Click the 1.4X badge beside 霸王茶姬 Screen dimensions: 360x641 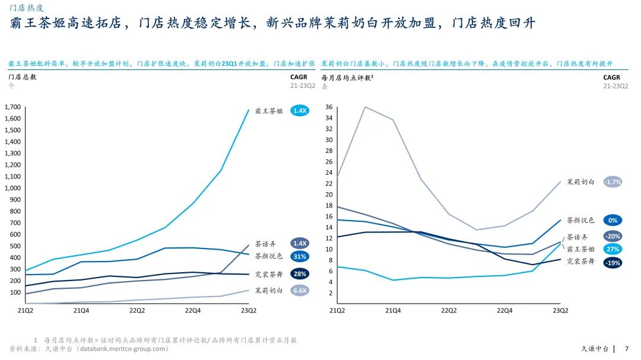300,111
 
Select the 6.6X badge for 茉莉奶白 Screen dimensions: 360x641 300,291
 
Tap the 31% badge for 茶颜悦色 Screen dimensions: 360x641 300,257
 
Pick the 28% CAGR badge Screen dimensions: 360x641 300,274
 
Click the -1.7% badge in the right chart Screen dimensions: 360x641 613,183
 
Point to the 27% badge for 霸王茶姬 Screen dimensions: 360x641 613,250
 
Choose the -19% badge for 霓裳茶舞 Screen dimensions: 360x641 613,263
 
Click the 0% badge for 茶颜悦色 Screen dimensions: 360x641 613,221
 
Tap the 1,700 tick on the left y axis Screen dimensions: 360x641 12,107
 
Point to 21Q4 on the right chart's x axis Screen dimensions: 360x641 392,310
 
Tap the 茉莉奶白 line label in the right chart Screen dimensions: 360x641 580,183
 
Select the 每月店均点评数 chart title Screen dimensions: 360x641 347,77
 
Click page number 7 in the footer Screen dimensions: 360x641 627,349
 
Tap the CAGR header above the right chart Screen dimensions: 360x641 611,77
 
